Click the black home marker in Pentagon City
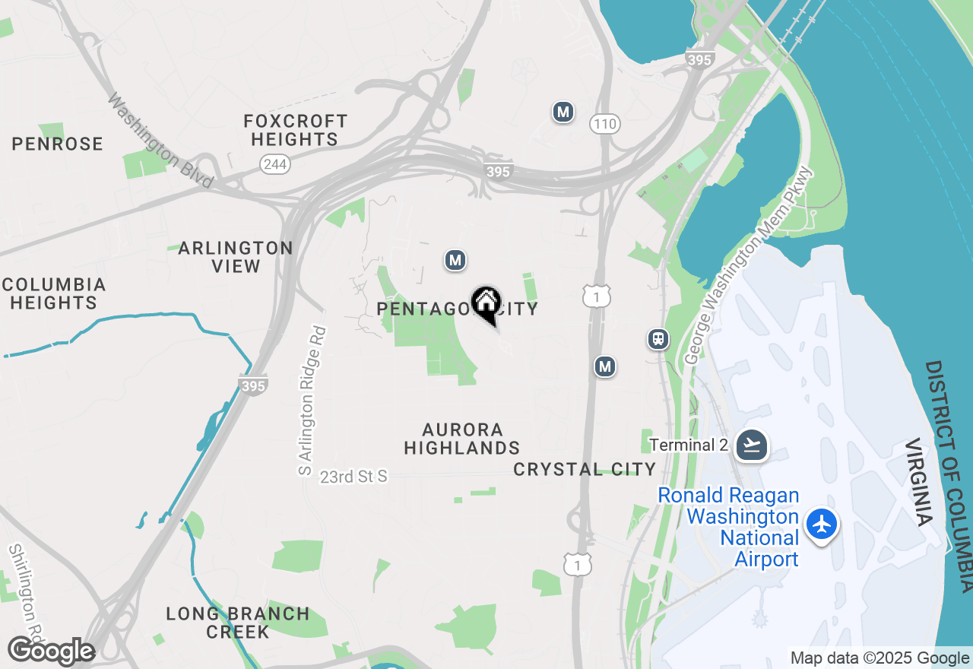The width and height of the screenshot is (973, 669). click(486, 305)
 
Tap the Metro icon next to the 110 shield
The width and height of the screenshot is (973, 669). click(563, 113)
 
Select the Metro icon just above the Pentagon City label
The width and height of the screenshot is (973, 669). click(455, 261)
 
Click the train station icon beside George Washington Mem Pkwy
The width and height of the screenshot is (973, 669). click(658, 339)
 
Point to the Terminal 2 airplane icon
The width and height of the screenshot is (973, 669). click(752, 445)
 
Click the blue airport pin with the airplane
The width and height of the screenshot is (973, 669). click(822, 525)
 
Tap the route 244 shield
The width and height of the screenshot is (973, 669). click(274, 163)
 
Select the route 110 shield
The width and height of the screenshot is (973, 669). click(605, 124)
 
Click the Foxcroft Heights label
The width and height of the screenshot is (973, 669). click(295, 130)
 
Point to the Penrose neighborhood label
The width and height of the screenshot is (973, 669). click(57, 144)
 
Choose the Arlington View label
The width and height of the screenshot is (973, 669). click(236, 257)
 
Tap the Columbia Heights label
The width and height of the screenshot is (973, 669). click(53, 293)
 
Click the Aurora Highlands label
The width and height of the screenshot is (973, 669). click(462, 439)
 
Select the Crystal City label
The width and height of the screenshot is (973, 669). click(584, 469)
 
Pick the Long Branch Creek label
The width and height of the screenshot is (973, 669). click(238, 622)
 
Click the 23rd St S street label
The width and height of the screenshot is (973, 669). click(353, 477)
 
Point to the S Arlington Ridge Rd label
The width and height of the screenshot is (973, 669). click(306, 401)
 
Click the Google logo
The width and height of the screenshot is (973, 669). click(51, 651)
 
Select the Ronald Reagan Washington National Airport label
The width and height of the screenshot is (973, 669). click(728, 528)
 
